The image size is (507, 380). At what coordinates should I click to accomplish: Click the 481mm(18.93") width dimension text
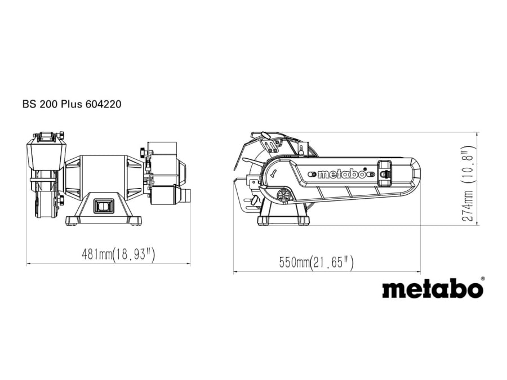tap(118, 254)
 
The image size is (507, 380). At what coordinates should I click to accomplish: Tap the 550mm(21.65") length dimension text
tap(316, 262)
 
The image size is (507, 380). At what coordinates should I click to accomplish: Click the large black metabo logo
tap(432, 288)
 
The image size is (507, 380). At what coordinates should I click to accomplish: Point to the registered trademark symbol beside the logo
tap(482, 278)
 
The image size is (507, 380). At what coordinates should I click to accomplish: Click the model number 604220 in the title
tap(105, 104)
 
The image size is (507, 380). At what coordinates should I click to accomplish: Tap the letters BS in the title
tap(29, 104)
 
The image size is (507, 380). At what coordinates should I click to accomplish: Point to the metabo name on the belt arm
tap(341, 174)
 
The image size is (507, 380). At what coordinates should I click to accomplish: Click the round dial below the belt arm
tap(283, 196)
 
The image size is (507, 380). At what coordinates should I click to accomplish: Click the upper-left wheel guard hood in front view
tap(45, 153)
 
